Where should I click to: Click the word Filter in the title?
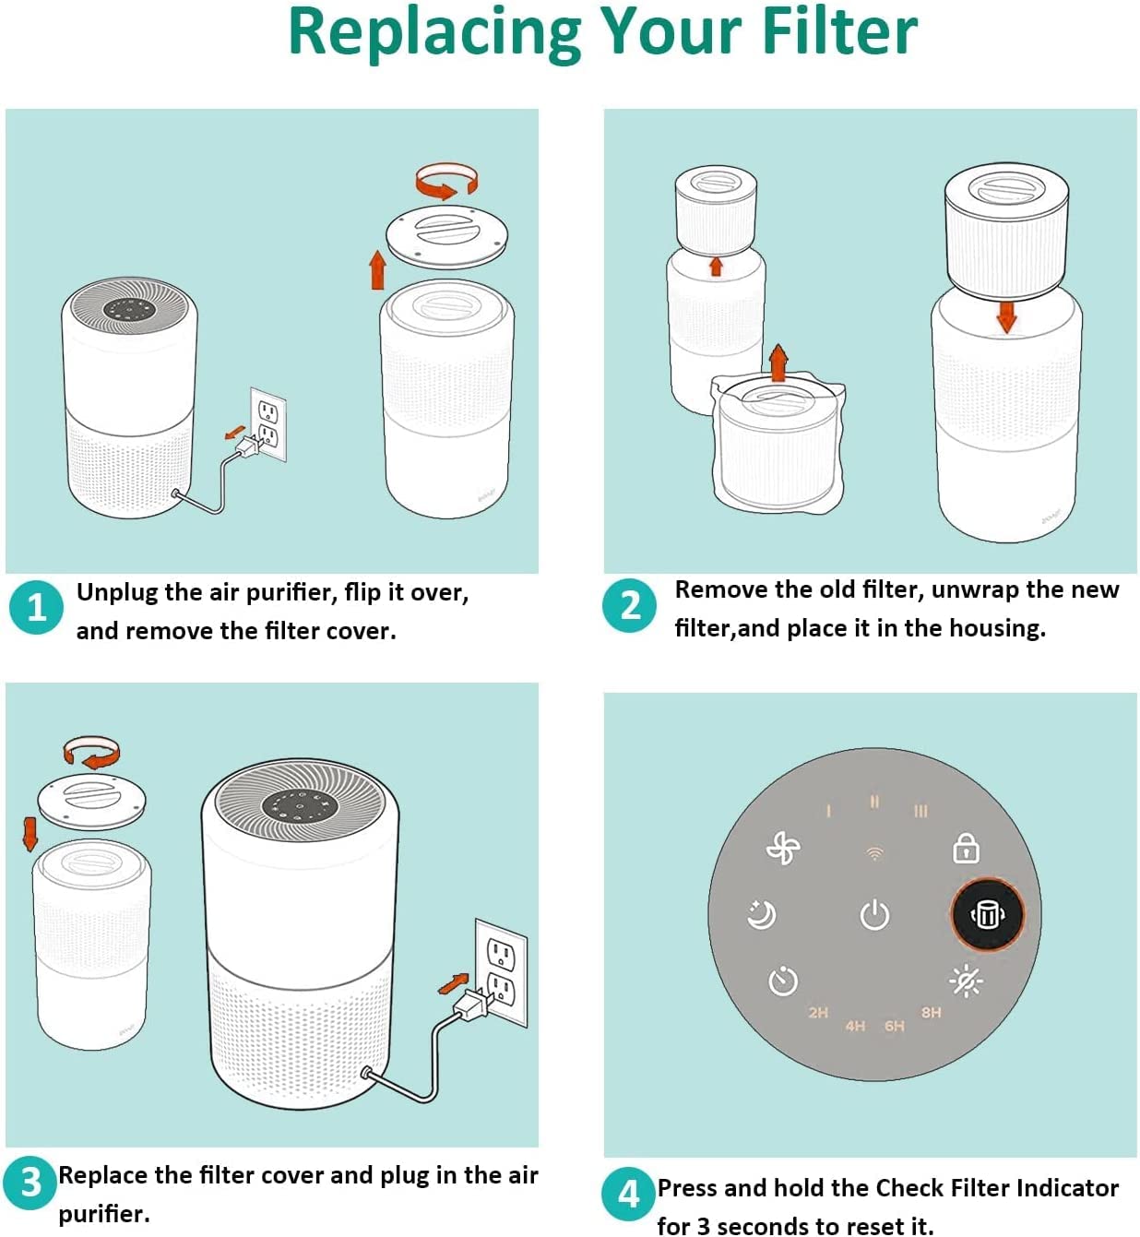pyautogui.click(x=838, y=31)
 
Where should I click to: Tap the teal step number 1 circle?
pyautogui.click(x=36, y=607)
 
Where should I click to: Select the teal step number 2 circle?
pyautogui.click(x=629, y=605)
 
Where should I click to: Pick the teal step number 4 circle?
pyautogui.click(x=628, y=1194)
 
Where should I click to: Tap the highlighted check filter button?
pyautogui.click(x=988, y=914)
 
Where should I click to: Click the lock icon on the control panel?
pyautogui.click(x=966, y=848)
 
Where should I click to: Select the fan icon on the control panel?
pyautogui.click(x=782, y=848)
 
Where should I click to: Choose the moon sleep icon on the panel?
pyautogui.click(x=761, y=914)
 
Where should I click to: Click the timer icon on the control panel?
pyautogui.click(x=783, y=981)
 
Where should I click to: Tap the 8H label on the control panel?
pyautogui.click(x=931, y=1012)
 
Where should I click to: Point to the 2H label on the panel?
pyautogui.click(x=818, y=1012)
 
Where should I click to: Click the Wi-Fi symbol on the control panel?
pyautogui.click(x=874, y=853)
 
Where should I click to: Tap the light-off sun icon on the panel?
pyautogui.click(x=966, y=981)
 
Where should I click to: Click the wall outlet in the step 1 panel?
pyautogui.click(x=267, y=424)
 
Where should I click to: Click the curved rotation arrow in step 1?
pyautogui.click(x=446, y=181)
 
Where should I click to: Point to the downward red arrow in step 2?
pyautogui.click(x=1006, y=317)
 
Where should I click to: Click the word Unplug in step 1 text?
pyautogui.click(x=117, y=592)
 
